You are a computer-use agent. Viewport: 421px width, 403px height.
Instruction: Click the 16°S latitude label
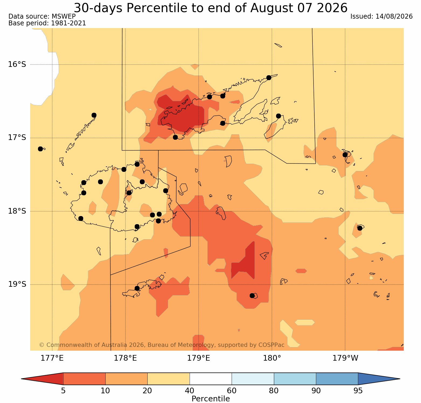click(17, 64)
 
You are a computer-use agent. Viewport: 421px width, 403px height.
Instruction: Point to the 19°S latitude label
click(17, 284)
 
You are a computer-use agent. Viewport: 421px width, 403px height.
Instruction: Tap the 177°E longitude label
click(52, 358)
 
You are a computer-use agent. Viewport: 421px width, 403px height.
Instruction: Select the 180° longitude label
click(272, 358)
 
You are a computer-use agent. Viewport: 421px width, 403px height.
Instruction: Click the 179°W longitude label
click(345, 358)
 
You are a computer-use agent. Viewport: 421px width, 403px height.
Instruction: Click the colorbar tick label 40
click(190, 391)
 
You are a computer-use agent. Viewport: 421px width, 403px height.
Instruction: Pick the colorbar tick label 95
click(358, 391)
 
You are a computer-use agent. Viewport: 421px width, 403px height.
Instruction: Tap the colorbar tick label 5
click(63, 391)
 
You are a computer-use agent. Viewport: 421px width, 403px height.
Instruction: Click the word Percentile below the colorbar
click(211, 399)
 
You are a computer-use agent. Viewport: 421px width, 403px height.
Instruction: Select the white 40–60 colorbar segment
click(211, 379)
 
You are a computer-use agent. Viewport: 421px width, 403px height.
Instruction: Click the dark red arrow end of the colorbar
click(42, 379)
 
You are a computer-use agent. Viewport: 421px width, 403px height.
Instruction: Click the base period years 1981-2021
click(68, 23)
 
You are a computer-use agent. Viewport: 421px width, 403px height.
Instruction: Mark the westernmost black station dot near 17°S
click(40, 149)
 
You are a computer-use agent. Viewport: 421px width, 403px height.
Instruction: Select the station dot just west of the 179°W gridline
click(345, 155)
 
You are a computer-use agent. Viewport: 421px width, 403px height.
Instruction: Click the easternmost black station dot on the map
click(360, 228)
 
